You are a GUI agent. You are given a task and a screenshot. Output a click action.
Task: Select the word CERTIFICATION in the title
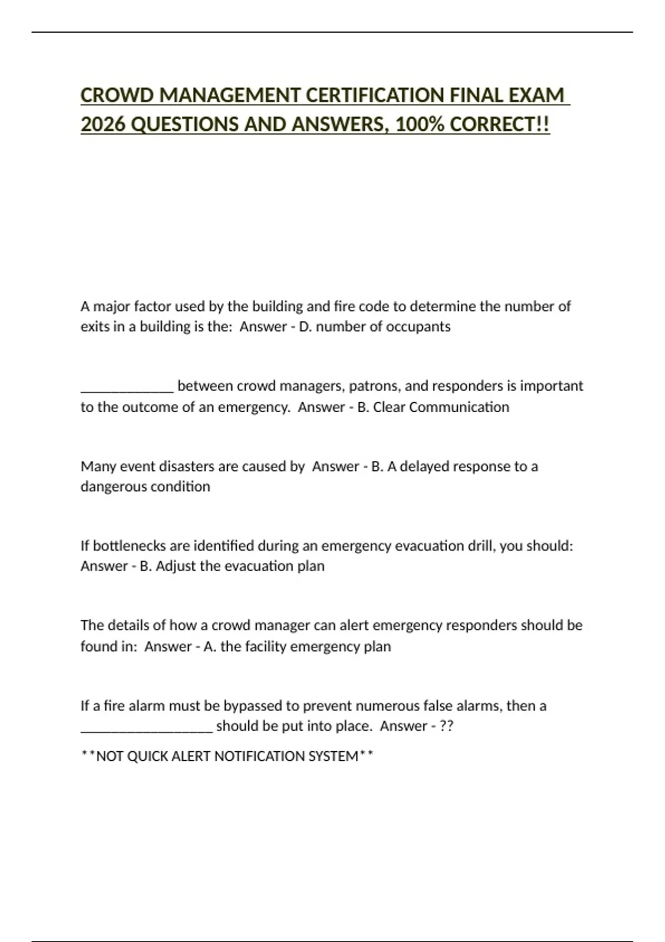(x=375, y=95)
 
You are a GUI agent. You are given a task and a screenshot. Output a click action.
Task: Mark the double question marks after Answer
(x=446, y=726)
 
